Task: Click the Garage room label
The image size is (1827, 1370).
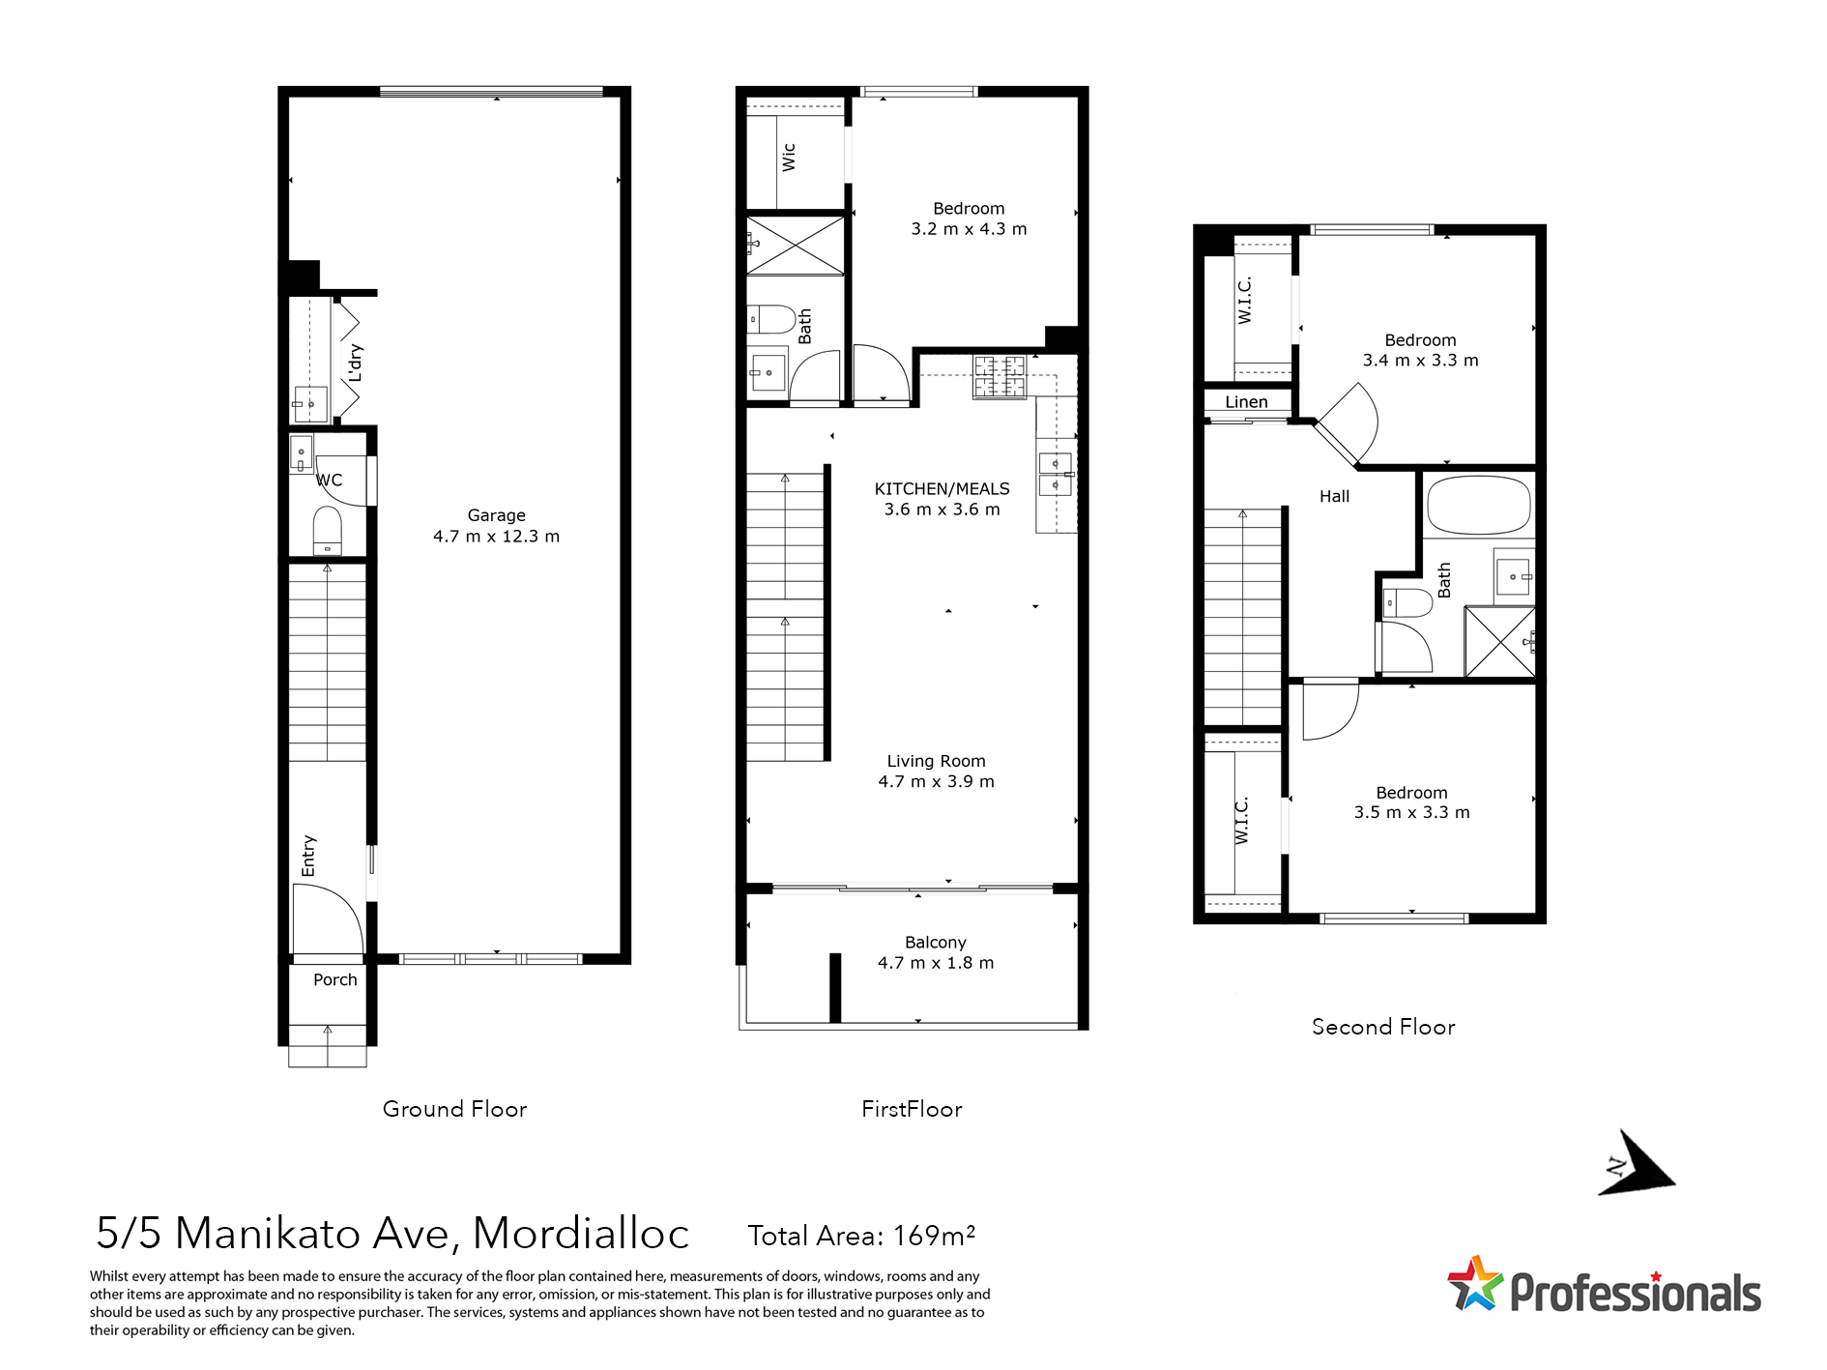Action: click(x=496, y=515)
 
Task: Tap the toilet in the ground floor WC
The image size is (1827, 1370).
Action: click(x=328, y=530)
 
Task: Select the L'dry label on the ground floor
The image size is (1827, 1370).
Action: click(x=356, y=363)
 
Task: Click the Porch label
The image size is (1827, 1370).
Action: click(x=335, y=979)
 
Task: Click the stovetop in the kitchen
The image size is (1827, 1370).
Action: click(x=1000, y=377)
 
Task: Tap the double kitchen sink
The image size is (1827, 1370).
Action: click(x=1055, y=474)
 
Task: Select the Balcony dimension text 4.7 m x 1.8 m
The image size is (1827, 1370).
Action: click(x=935, y=963)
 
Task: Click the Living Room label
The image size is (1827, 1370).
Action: click(x=936, y=761)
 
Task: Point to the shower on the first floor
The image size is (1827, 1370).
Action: click(x=795, y=246)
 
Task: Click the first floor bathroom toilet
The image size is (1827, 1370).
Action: click(x=771, y=318)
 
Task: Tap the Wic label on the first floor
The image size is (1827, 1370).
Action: click(x=789, y=158)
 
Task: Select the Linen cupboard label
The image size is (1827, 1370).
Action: click(x=1246, y=402)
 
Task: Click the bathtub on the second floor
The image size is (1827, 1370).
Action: click(x=1478, y=505)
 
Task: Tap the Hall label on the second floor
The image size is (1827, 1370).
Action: click(x=1334, y=496)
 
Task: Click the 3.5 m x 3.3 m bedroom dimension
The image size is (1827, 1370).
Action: click(x=1411, y=813)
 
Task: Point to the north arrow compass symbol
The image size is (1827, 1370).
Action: click(x=1638, y=1163)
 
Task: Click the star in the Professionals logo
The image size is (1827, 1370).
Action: click(x=1475, y=1284)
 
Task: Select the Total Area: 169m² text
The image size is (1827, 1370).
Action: click(x=861, y=1236)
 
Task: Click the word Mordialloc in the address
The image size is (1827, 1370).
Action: click(x=580, y=1234)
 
